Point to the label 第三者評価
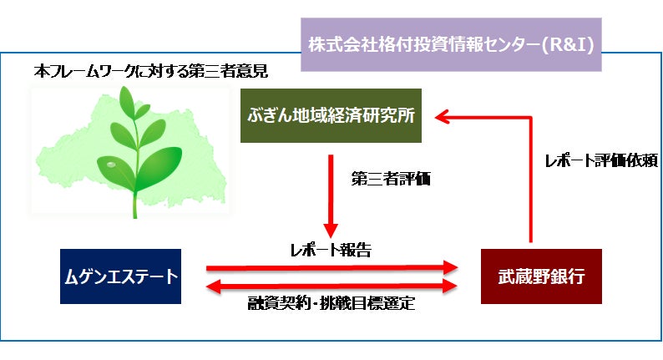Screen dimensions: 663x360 [x=390, y=178]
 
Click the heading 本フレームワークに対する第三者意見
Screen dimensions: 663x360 [x=149, y=72]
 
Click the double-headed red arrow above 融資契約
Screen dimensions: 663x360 [x=331, y=286]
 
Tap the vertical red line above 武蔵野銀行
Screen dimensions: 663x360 [x=529, y=184]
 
